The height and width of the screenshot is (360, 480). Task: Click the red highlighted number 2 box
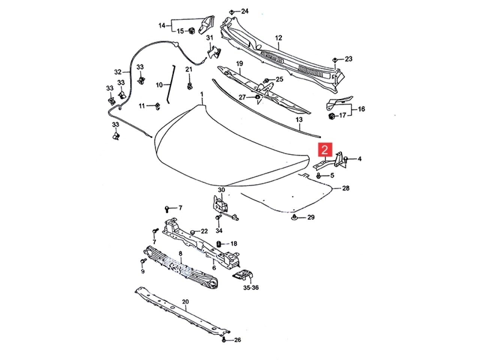[x=325, y=150]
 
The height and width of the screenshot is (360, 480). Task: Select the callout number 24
[x=244, y=11]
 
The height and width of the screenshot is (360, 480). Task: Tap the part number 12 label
[x=278, y=38]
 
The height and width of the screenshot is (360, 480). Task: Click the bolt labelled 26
[x=224, y=340]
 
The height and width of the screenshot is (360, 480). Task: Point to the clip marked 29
[x=295, y=217]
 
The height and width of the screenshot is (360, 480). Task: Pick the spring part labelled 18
[x=220, y=244]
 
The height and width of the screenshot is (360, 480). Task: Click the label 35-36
[x=251, y=288]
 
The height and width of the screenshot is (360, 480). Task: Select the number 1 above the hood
[x=201, y=94]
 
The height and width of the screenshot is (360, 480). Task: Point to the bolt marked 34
[x=218, y=217]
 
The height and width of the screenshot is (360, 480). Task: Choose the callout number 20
[x=185, y=301]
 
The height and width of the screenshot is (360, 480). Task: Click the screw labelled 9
[x=143, y=261]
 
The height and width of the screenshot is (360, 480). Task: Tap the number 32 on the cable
[x=118, y=72]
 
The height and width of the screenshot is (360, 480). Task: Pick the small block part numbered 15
[x=191, y=31]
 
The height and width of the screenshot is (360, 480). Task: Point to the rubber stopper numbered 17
[x=331, y=115]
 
